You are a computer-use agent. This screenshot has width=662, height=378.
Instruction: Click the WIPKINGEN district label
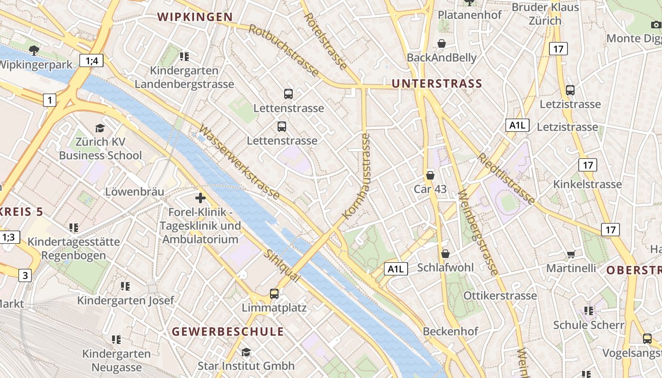click(195, 17)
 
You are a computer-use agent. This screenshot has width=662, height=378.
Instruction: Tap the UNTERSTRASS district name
click(437, 84)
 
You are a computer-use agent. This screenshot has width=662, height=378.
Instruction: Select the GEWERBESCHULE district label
click(228, 332)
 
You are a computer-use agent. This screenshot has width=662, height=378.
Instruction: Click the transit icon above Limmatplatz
click(274, 294)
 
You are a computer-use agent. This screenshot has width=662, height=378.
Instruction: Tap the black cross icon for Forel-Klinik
click(200, 198)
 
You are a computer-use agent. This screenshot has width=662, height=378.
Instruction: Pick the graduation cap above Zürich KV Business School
click(100, 128)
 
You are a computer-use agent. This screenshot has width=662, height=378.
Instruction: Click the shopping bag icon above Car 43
click(430, 175)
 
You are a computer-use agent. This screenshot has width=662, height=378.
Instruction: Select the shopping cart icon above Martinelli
click(571, 255)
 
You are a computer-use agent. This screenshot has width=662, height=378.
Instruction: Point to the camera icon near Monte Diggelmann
click(656, 25)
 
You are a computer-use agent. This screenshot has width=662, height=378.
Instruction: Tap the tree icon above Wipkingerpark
click(34, 50)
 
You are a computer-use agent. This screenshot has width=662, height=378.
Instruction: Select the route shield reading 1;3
click(9, 237)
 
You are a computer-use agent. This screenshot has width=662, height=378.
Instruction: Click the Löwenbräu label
click(134, 192)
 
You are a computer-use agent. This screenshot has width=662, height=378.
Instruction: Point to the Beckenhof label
click(450, 331)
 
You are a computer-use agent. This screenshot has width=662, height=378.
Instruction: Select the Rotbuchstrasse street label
click(284, 50)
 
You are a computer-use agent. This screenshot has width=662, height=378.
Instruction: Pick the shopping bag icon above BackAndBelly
click(442, 43)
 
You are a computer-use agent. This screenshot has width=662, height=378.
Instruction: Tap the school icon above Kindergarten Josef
click(125, 286)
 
